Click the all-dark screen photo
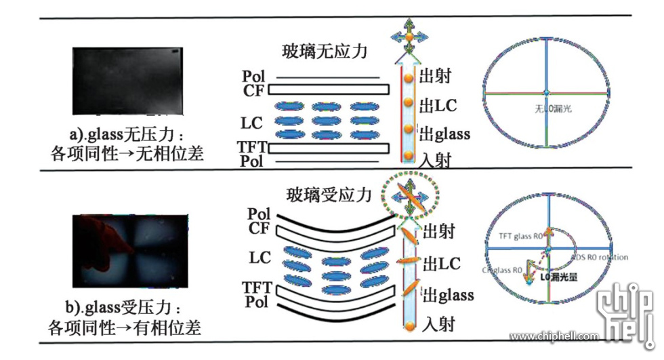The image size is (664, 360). pyautogui.click(x=128, y=80)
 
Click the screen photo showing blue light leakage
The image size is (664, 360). pyautogui.click(x=129, y=250)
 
